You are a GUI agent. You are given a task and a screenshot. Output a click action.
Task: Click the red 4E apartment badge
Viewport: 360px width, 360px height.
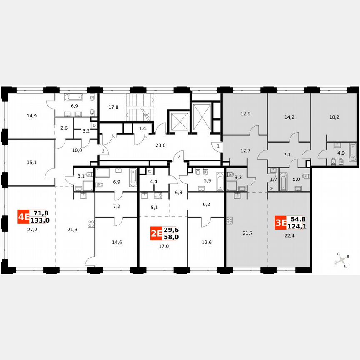tap(23, 217)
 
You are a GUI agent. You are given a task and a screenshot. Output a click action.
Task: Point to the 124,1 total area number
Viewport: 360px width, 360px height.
tap(296, 227)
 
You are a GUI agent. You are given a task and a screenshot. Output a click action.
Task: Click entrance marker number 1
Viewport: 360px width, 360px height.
tap(218, 146)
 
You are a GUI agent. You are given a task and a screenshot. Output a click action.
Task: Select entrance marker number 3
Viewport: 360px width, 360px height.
tap(102, 150)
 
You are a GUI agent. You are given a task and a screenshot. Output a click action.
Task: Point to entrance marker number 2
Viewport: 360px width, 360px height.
tap(178, 156)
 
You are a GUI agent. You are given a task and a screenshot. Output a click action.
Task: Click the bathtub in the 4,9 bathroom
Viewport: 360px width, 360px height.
tap(352, 152)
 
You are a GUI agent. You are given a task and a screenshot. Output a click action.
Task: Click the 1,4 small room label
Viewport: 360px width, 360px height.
tap(142, 129)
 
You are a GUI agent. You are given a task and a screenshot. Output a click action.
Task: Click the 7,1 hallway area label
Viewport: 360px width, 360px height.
tap(287, 155)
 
